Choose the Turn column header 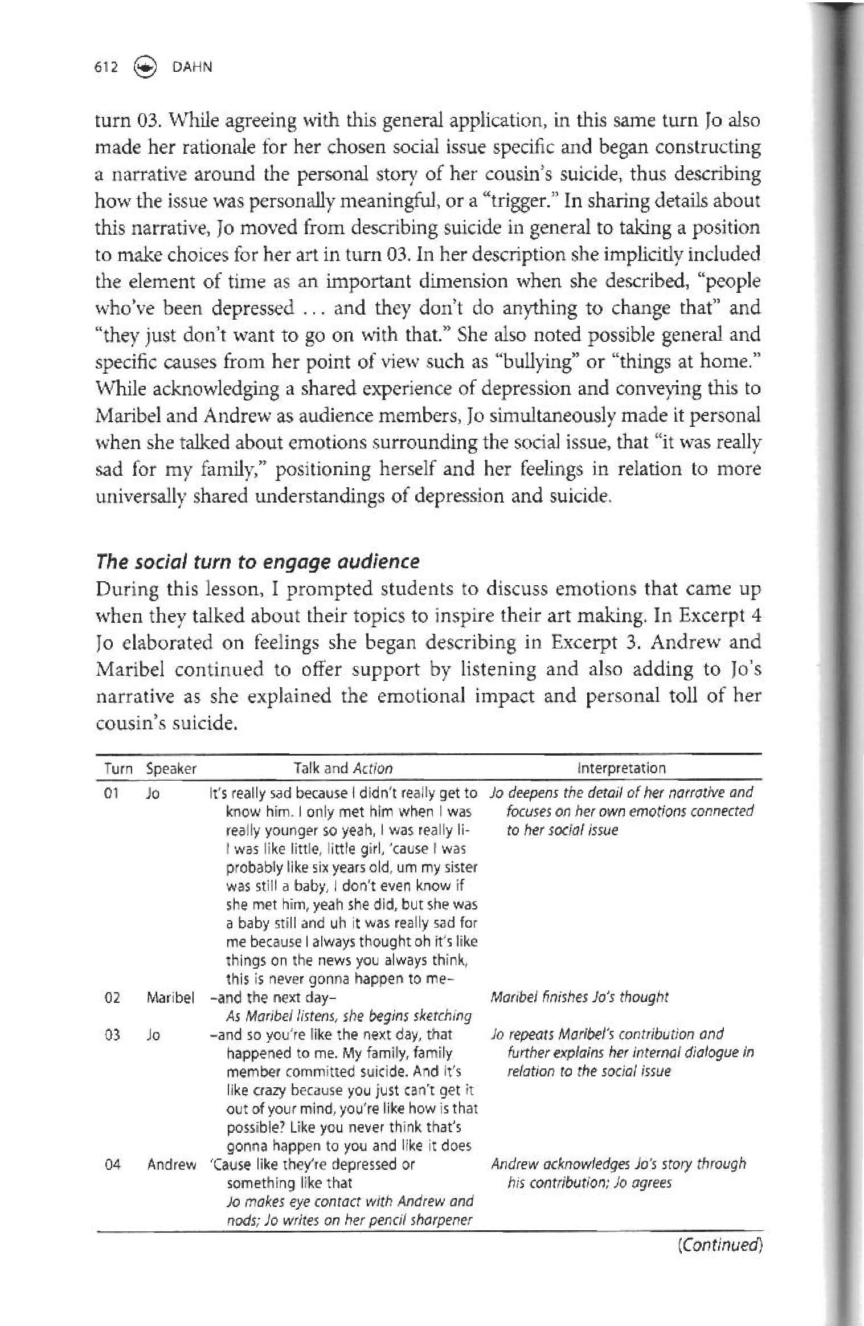click(118, 768)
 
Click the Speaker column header click(171, 768)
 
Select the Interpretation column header click(621, 768)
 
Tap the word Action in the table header click(373, 768)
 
